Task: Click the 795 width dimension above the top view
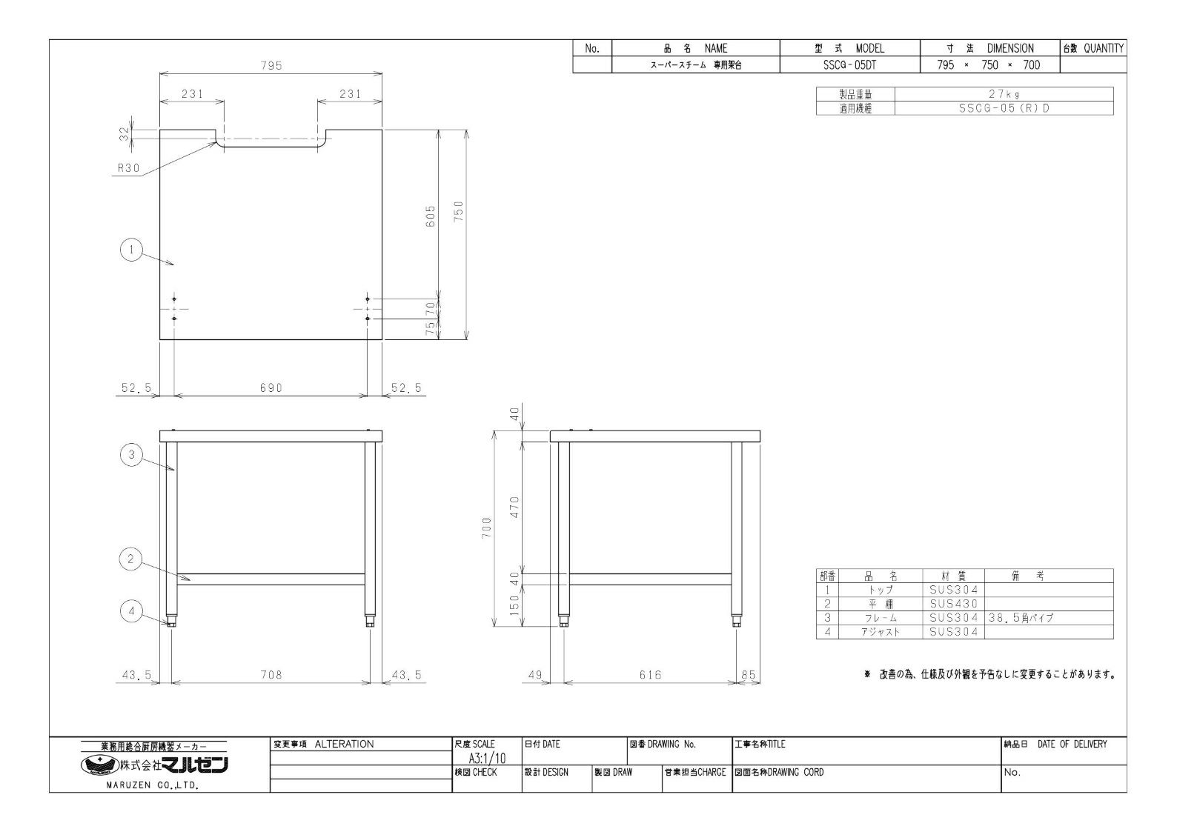pyautogui.click(x=271, y=66)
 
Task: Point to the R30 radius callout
pyautogui.click(x=129, y=168)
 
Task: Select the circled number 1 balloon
pyautogui.click(x=131, y=250)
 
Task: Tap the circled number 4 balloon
pyautogui.click(x=131, y=611)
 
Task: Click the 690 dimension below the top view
pyautogui.click(x=271, y=387)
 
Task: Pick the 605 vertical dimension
pyautogui.click(x=431, y=216)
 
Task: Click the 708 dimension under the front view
pyautogui.click(x=271, y=674)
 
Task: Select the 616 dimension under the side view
pyautogui.click(x=651, y=674)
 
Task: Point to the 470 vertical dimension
pyautogui.click(x=514, y=507)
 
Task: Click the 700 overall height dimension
pyautogui.click(x=486, y=528)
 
